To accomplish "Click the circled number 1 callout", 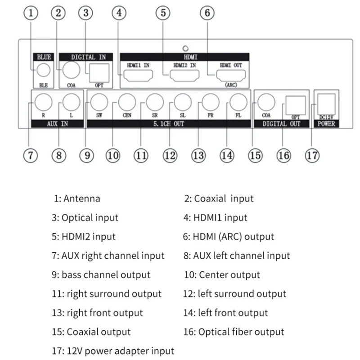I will coord(31,13).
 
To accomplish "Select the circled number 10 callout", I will coord(113,155).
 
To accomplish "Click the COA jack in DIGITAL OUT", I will coord(266,102).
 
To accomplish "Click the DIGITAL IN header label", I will coord(89,57).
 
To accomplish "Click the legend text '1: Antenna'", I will coord(76,198).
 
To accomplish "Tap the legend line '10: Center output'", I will coord(222,274).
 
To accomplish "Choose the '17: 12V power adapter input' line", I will coord(113,351).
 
